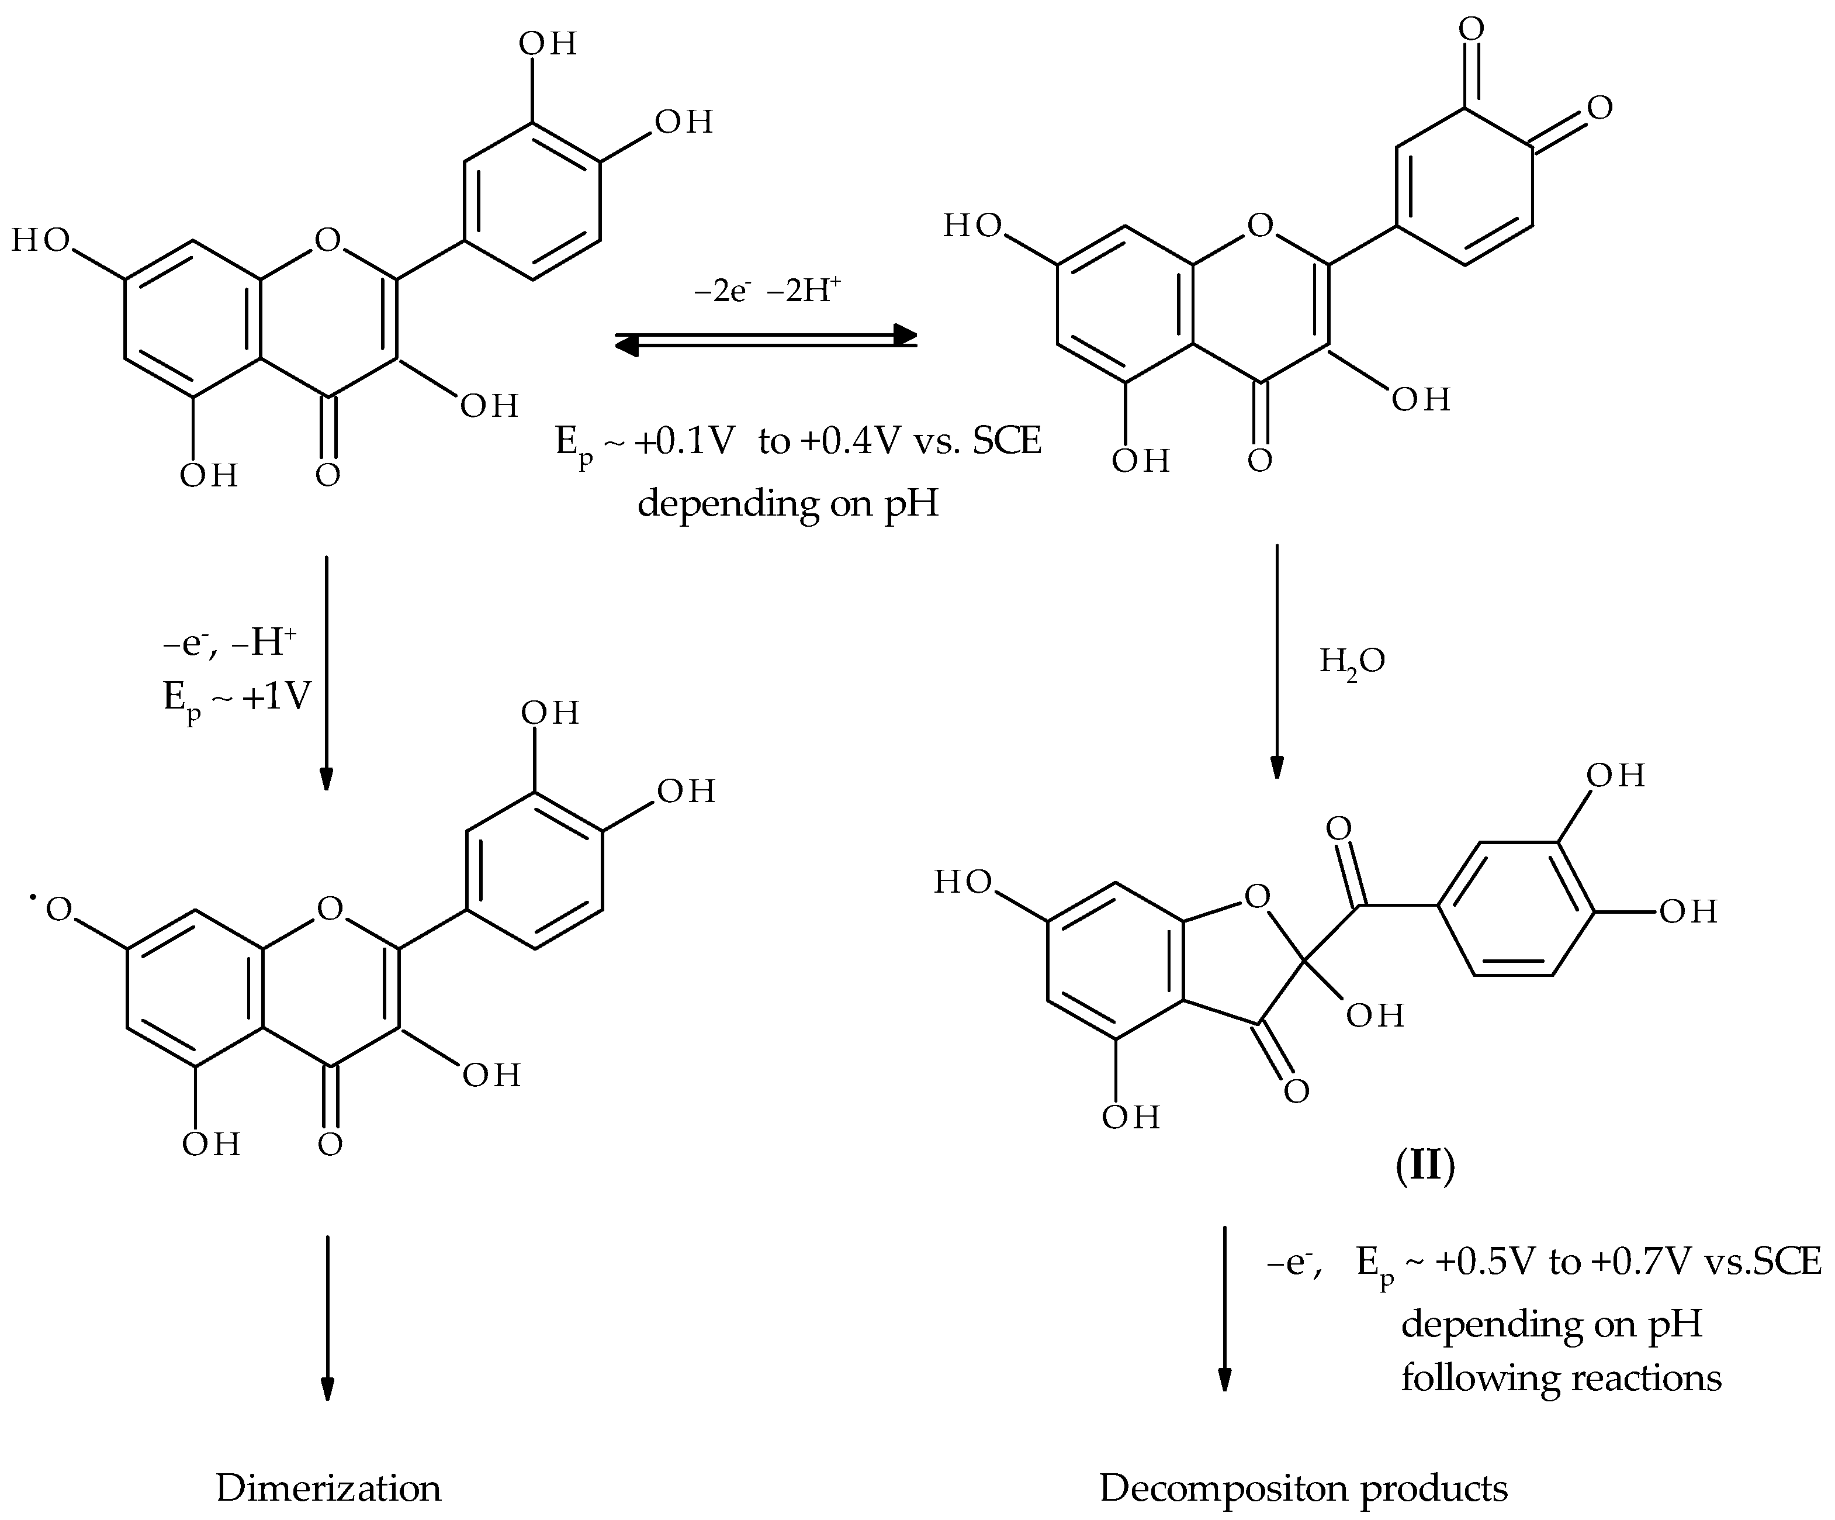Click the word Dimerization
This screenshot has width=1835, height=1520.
pyautogui.click(x=328, y=1488)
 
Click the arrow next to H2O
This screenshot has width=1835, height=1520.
pyautogui.click(x=1277, y=661)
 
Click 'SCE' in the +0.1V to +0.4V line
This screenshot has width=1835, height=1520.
pyautogui.click(x=1007, y=441)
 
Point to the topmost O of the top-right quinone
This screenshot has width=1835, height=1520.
pyautogui.click(x=1472, y=29)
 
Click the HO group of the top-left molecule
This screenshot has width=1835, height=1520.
pyautogui.click(x=40, y=240)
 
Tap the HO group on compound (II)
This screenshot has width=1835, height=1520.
pyautogui.click(x=963, y=882)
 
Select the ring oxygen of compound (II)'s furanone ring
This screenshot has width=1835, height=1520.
pyautogui.click(x=1256, y=896)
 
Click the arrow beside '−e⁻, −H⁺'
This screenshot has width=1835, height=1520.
pyautogui.click(x=326, y=673)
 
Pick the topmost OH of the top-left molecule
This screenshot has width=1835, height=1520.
pyautogui.click(x=548, y=44)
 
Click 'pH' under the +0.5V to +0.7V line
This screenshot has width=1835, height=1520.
pyautogui.click(x=1675, y=1324)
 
